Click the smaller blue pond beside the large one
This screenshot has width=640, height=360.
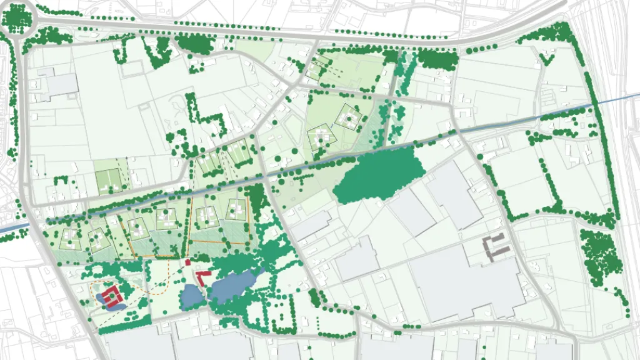coord(190,296)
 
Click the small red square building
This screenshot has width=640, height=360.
coord(187,262)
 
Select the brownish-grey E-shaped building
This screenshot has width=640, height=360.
coord(496,246)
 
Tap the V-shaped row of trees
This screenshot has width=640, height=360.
coord(546,58)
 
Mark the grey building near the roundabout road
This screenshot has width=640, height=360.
coord(60,84)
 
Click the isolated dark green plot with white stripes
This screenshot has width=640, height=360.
coord(107,181)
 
